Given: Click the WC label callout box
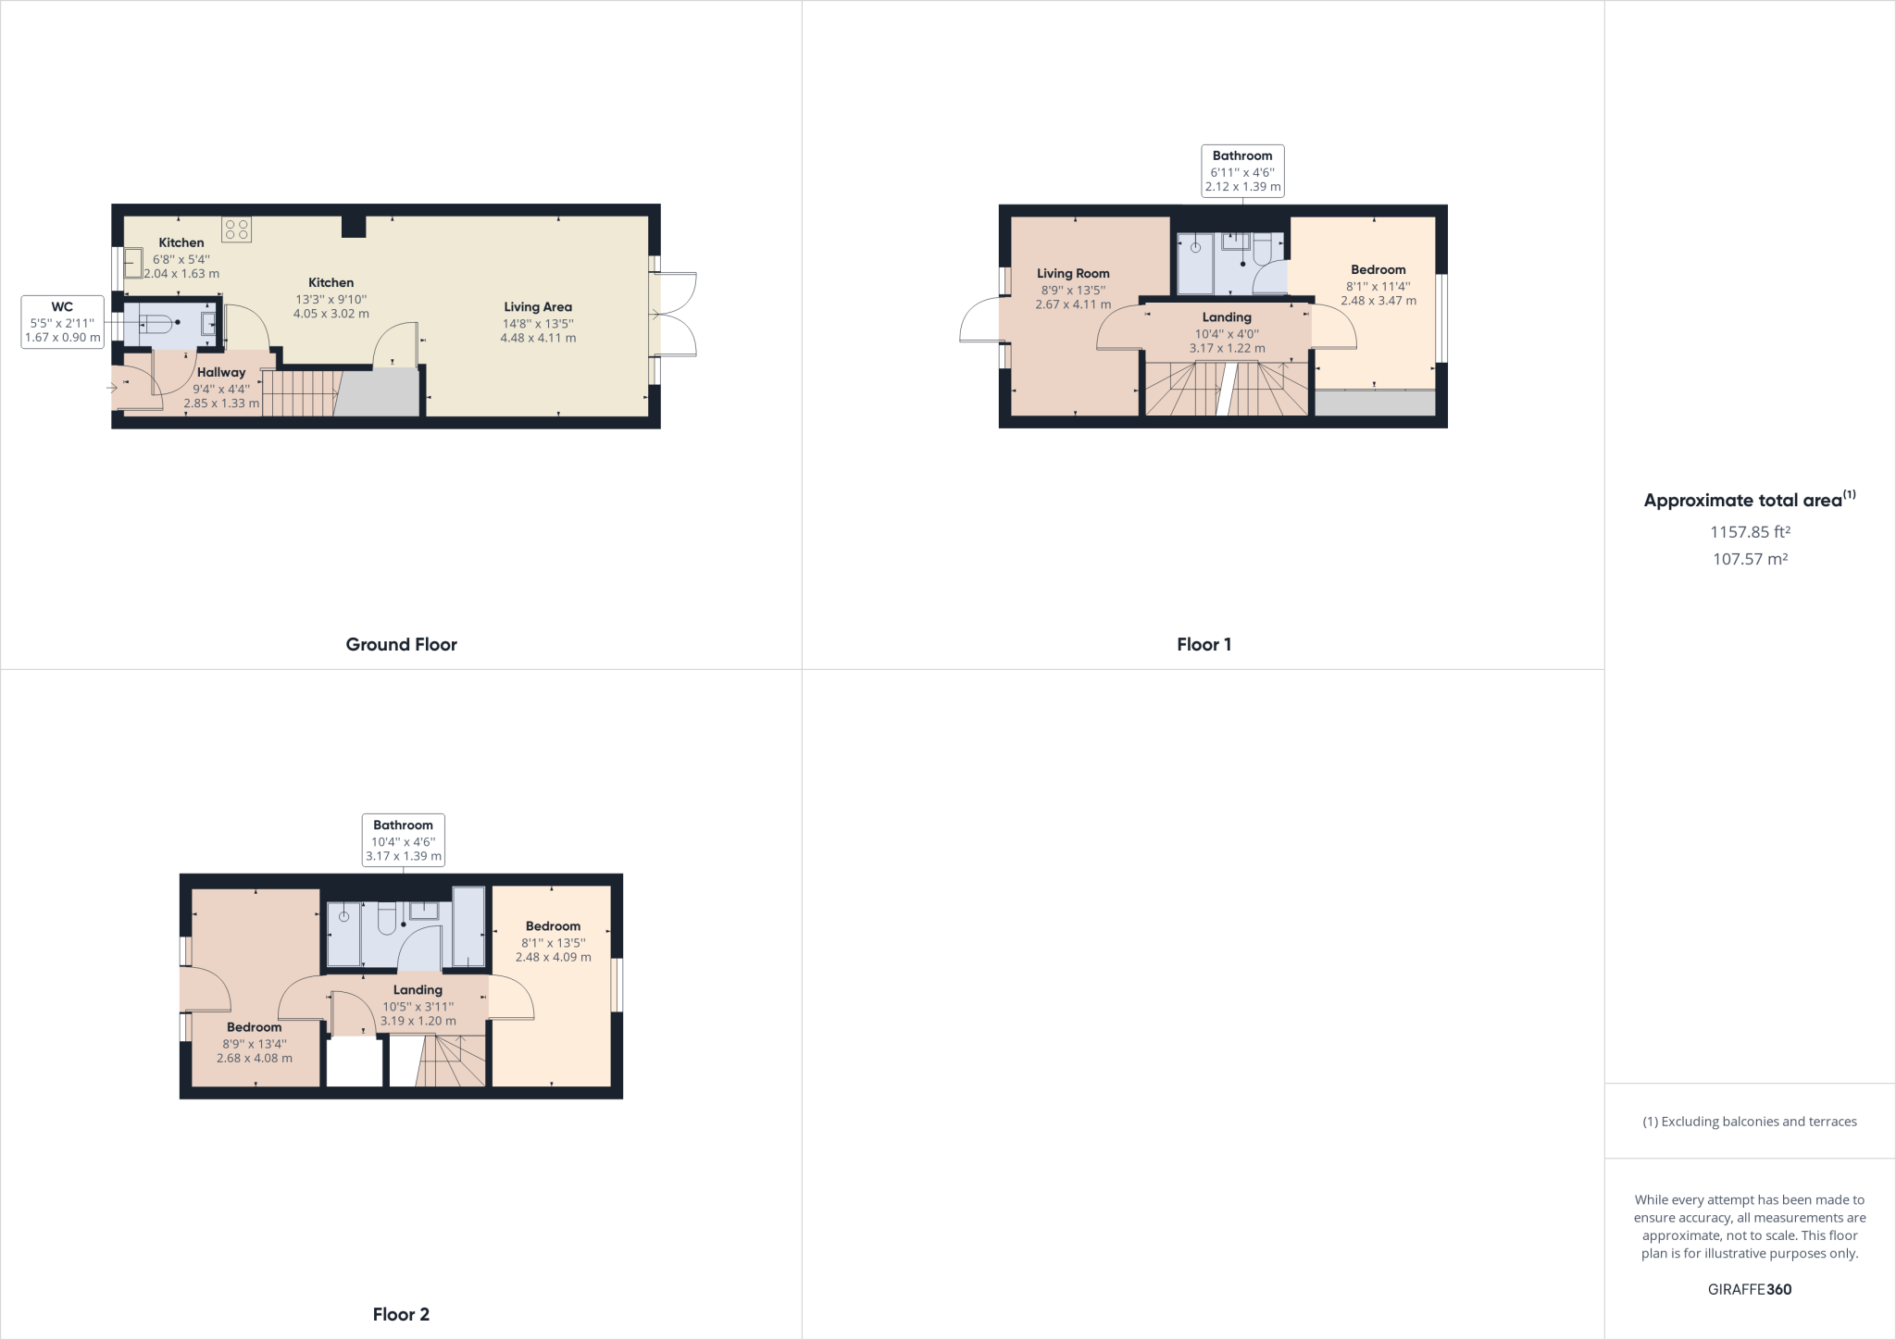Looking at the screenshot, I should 62,322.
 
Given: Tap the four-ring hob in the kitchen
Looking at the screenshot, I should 237,230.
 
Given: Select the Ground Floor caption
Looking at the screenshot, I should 401,645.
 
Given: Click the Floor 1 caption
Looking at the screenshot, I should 1204,645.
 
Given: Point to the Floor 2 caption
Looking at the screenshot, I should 401,1314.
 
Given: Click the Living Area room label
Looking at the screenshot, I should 538,307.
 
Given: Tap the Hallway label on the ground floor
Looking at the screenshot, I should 221,373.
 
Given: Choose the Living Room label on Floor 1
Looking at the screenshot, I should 1073,274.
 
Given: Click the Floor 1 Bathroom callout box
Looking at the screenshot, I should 1242,171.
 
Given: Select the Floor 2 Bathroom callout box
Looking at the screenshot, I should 403,840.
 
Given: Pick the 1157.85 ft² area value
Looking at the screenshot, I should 1750,532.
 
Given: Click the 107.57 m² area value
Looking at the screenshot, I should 1750,559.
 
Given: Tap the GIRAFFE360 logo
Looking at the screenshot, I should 1750,1289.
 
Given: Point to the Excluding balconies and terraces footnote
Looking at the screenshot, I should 1750,1122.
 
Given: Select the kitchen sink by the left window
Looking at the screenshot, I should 133,263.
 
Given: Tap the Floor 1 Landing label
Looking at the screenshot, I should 1227,317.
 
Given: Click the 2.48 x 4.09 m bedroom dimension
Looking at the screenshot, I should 553,957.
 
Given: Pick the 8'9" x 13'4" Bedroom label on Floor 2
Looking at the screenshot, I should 255,1043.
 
